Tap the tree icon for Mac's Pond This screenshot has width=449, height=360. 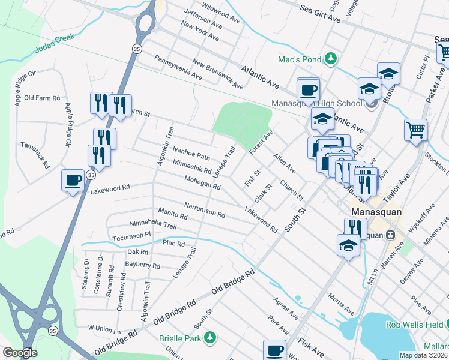tap(330, 58)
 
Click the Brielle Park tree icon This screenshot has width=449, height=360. tap(209, 338)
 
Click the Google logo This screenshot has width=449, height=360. tap(20, 353)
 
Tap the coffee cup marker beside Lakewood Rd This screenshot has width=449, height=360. tap(73, 179)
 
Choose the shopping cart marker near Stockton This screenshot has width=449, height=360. tap(415, 130)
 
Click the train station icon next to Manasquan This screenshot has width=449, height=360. tap(391, 235)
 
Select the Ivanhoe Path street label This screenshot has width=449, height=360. tap(191, 152)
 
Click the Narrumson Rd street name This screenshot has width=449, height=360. tap(204, 209)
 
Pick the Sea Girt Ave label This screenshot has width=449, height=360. tap(320, 12)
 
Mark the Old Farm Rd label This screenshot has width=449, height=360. tap(42, 98)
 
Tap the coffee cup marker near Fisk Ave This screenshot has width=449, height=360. tap(275, 350)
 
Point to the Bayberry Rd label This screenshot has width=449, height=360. tap(143, 265)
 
